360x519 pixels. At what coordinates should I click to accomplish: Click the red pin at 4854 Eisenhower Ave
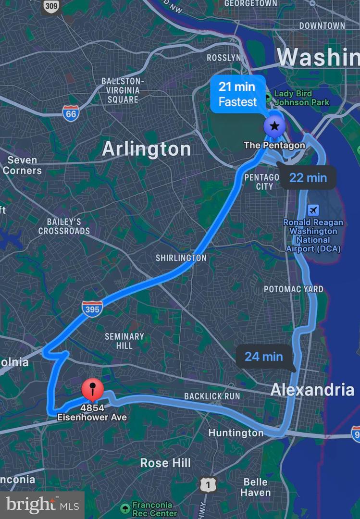tap(93, 389)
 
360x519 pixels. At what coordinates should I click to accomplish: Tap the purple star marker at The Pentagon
tap(274, 127)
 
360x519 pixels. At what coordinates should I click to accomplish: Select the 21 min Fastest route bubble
tap(237, 94)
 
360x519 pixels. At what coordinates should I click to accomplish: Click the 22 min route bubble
tap(308, 178)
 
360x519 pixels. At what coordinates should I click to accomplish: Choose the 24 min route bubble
tap(264, 357)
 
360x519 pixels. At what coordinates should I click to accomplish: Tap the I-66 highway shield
tap(71, 113)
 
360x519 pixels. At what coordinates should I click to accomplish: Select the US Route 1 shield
tap(208, 485)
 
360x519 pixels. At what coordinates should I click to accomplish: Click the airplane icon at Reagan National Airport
tap(313, 210)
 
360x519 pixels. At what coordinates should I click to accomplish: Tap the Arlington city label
tap(146, 149)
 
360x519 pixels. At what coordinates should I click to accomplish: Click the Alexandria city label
tap(312, 390)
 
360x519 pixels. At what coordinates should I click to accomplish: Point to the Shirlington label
tap(181, 258)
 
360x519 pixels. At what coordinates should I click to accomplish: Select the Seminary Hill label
tap(124, 341)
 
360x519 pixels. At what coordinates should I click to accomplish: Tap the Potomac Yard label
tap(293, 289)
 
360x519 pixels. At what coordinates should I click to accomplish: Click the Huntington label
tap(236, 433)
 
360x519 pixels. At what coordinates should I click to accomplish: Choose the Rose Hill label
tap(165, 463)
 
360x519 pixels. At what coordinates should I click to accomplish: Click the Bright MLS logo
tap(42, 505)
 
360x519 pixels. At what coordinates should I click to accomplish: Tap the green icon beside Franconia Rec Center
tap(125, 508)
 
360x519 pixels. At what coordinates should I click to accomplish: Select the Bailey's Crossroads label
tap(64, 226)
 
